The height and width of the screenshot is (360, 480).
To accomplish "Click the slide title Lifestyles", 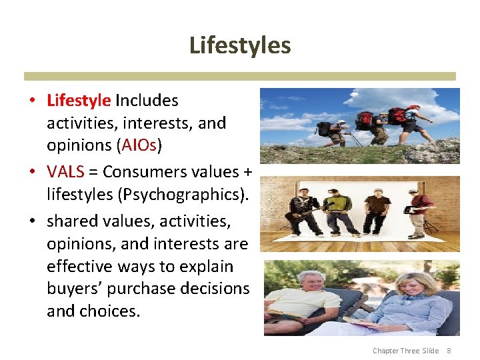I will click(240, 45).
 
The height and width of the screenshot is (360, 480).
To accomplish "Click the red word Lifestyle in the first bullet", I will click(79, 101).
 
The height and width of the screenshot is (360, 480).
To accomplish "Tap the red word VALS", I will click(65, 171).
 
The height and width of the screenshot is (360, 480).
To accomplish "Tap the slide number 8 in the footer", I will click(449, 351).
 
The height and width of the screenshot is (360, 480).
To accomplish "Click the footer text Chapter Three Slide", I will click(405, 351).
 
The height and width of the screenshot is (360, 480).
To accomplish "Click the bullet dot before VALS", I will click(32, 172).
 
